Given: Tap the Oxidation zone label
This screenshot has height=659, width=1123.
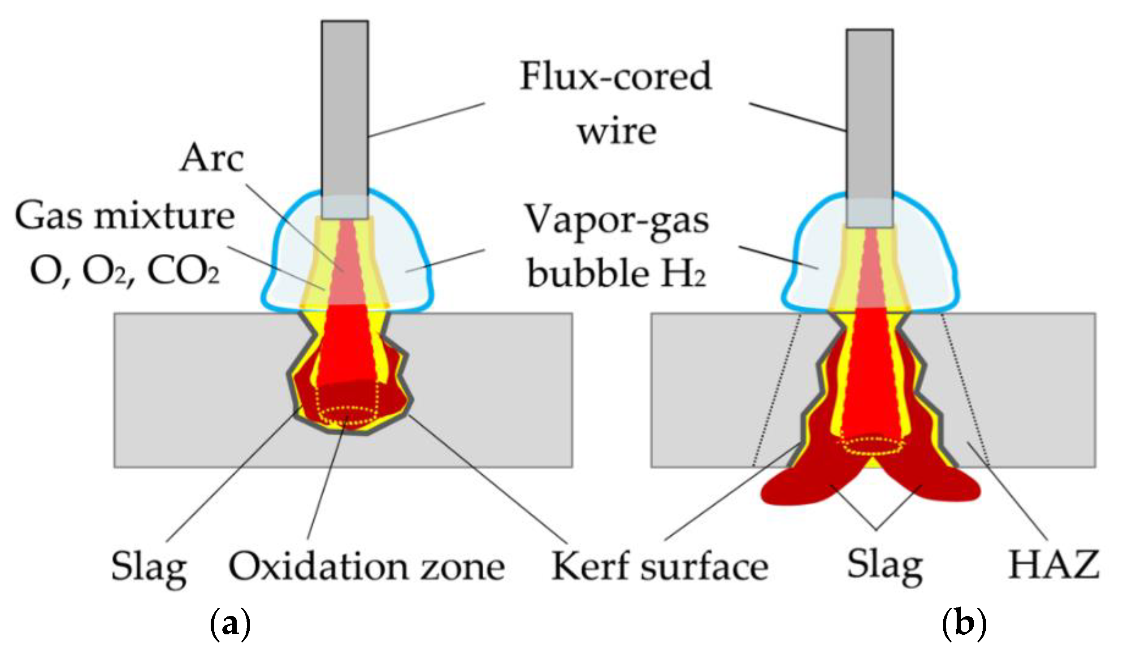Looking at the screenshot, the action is coord(367,567).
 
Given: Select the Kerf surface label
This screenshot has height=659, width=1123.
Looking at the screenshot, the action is coord(660,567).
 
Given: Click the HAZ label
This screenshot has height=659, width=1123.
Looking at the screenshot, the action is coord(1054,565).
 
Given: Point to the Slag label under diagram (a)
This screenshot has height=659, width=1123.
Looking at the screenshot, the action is coord(149,569).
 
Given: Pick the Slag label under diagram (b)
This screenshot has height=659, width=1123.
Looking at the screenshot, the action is coord(885,567).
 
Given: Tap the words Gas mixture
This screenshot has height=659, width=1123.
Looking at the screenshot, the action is coord(125,217).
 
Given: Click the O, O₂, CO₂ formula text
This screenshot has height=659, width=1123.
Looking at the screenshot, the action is coord(125,272).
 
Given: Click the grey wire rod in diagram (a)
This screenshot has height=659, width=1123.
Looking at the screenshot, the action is coord(345,119).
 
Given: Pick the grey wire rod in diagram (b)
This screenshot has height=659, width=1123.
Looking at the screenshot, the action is coord(870,129).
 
